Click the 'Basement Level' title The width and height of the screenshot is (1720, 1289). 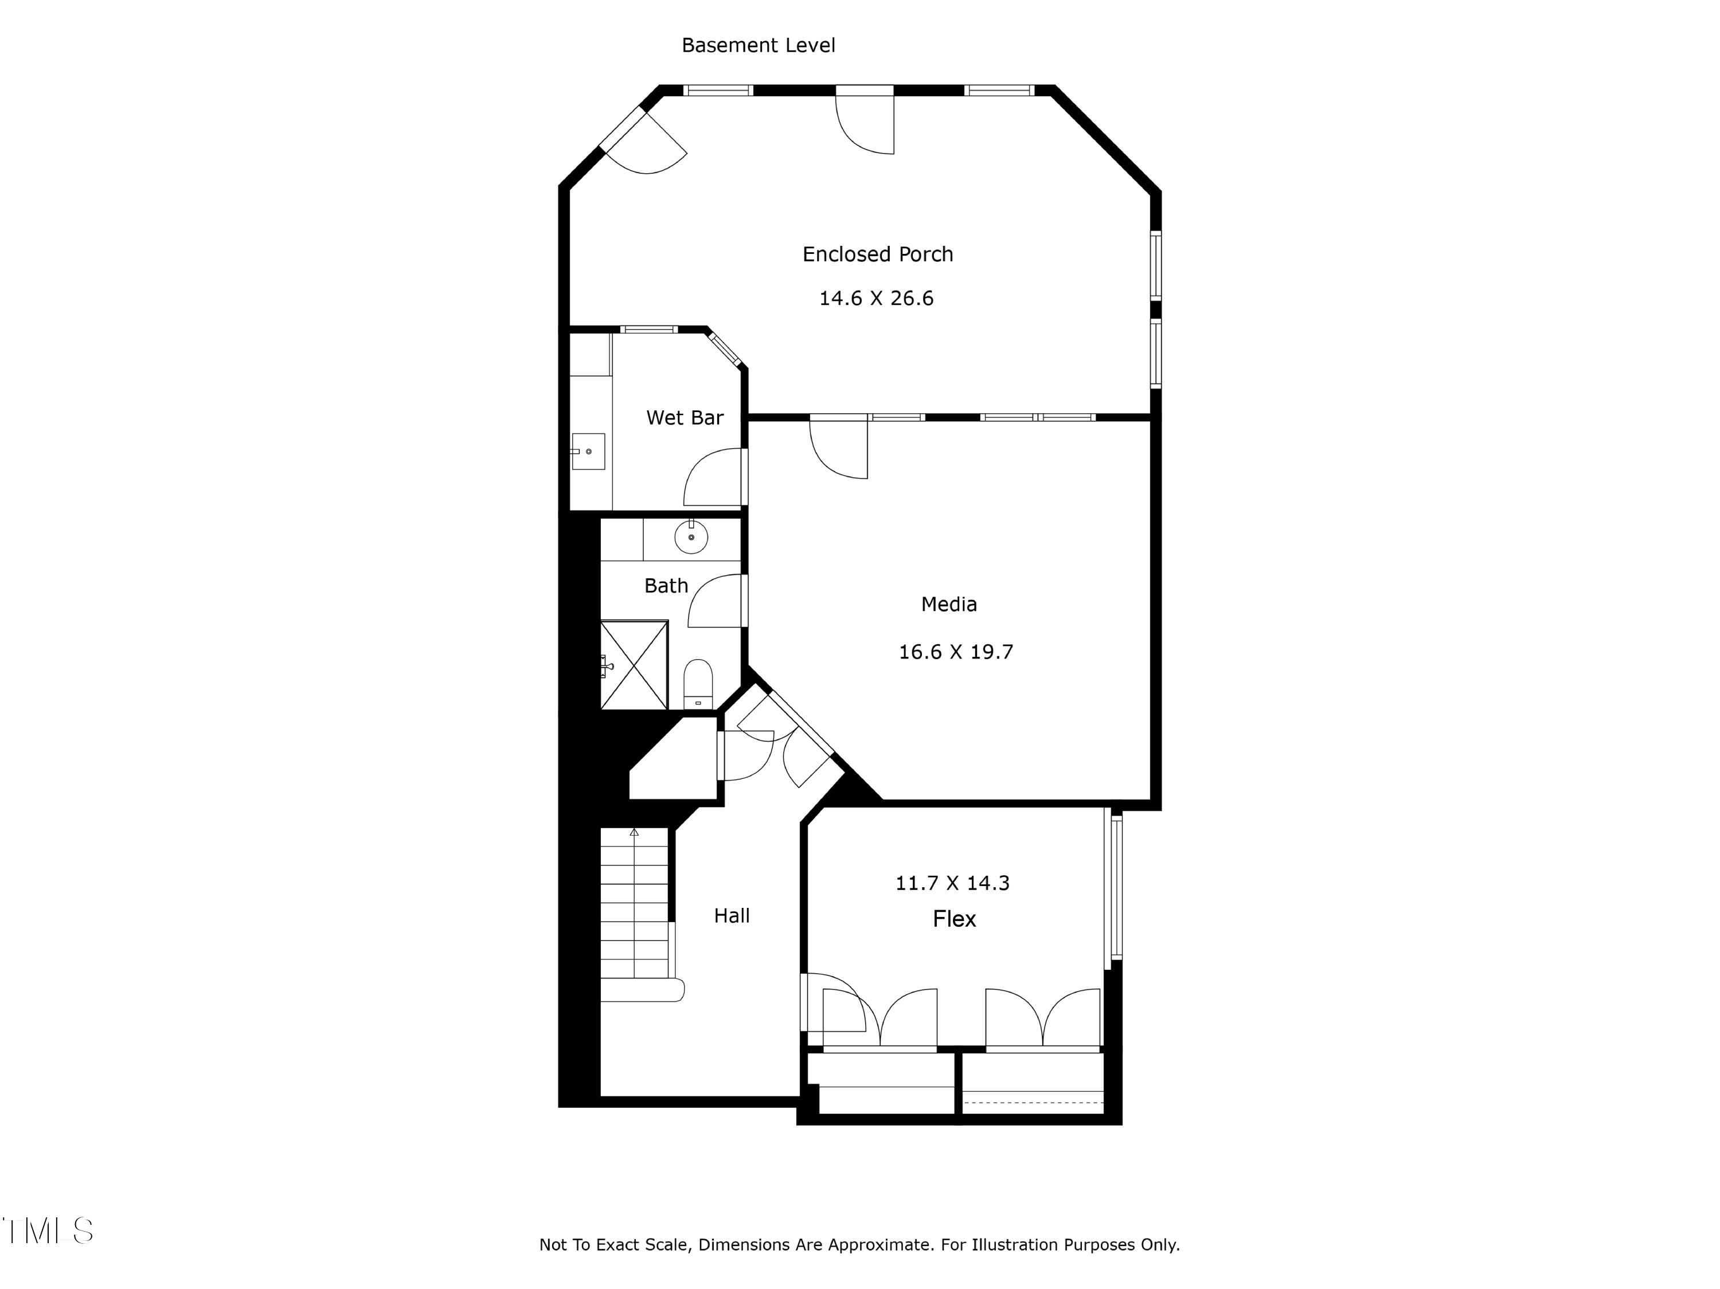pyautogui.click(x=758, y=45)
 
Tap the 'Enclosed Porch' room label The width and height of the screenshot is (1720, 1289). pyautogui.click(x=877, y=254)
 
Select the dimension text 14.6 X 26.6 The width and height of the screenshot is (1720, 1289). pyautogui.click(x=875, y=299)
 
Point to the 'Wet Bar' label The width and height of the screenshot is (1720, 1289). pyautogui.click(x=684, y=417)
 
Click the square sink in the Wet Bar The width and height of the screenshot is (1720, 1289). pyautogui.click(x=588, y=452)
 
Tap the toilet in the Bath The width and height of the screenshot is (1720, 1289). pyautogui.click(x=698, y=684)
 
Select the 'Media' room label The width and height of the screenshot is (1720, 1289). pyautogui.click(x=949, y=604)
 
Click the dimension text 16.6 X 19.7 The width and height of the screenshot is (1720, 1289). pyautogui.click(x=956, y=652)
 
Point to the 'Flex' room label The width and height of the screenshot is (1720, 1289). pyautogui.click(x=954, y=919)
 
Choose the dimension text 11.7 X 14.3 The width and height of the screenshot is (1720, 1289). pyautogui.click(x=952, y=883)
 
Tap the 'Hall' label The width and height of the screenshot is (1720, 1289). pyautogui.click(x=732, y=916)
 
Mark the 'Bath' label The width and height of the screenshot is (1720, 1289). pyautogui.click(x=666, y=585)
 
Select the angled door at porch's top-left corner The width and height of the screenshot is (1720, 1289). pyautogui.click(x=644, y=144)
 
